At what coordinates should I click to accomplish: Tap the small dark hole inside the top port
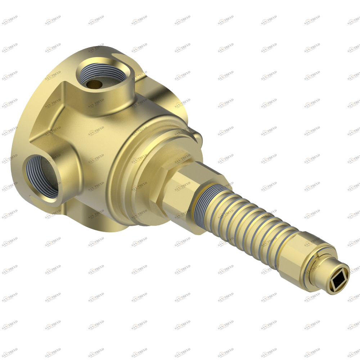(94, 84)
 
